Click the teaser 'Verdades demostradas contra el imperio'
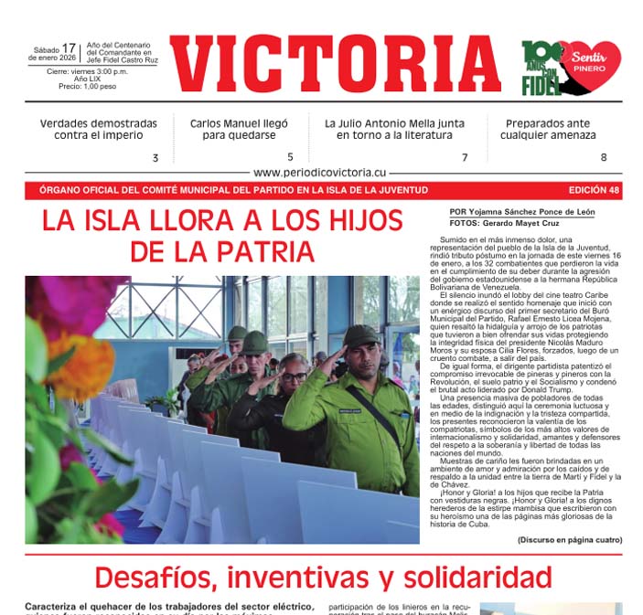point(98,129)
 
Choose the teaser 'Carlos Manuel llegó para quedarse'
point(239,129)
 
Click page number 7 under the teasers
point(464,157)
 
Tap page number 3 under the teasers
point(155,157)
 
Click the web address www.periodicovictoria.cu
point(320,172)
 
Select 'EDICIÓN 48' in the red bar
point(594,190)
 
